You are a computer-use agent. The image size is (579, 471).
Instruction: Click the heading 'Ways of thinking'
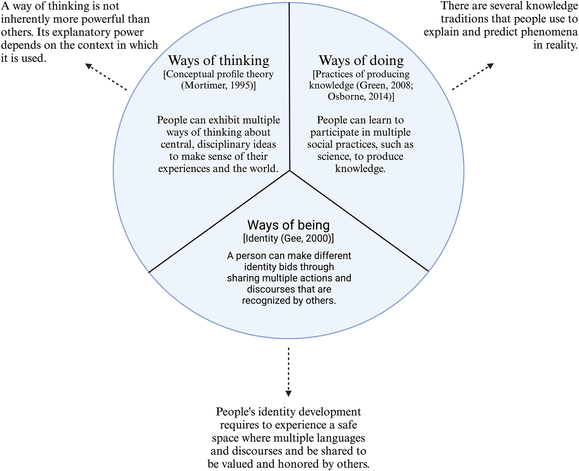(x=218, y=61)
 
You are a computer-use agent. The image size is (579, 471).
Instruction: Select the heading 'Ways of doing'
(x=361, y=61)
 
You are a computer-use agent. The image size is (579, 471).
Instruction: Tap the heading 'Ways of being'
(x=288, y=225)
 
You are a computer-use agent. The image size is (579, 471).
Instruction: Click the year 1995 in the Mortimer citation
(x=241, y=85)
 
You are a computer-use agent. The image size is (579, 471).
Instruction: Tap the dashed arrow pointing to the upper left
(x=106, y=77)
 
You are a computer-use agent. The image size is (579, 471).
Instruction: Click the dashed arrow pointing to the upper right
(x=473, y=77)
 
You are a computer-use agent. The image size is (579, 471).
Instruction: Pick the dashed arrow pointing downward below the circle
(x=288, y=371)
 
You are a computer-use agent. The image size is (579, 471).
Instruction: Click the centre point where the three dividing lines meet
(x=290, y=170)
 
